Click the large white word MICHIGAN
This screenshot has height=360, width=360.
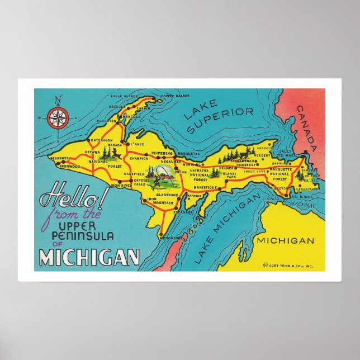[x=89, y=257]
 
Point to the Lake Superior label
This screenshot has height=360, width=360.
[x=219, y=120]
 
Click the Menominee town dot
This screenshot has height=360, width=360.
[x=160, y=235]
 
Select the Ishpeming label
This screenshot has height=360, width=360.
[x=163, y=152]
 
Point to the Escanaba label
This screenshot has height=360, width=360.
[x=182, y=212]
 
